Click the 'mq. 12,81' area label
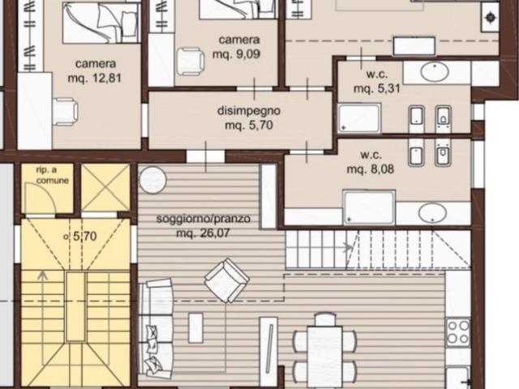(96, 79)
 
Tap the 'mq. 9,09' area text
(237, 54)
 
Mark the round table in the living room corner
(152, 179)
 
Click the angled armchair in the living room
(226, 280)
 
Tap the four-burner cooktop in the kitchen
(458, 331)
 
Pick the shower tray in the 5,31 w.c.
(359, 118)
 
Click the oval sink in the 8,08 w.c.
(433, 213)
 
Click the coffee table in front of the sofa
(195, 327)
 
